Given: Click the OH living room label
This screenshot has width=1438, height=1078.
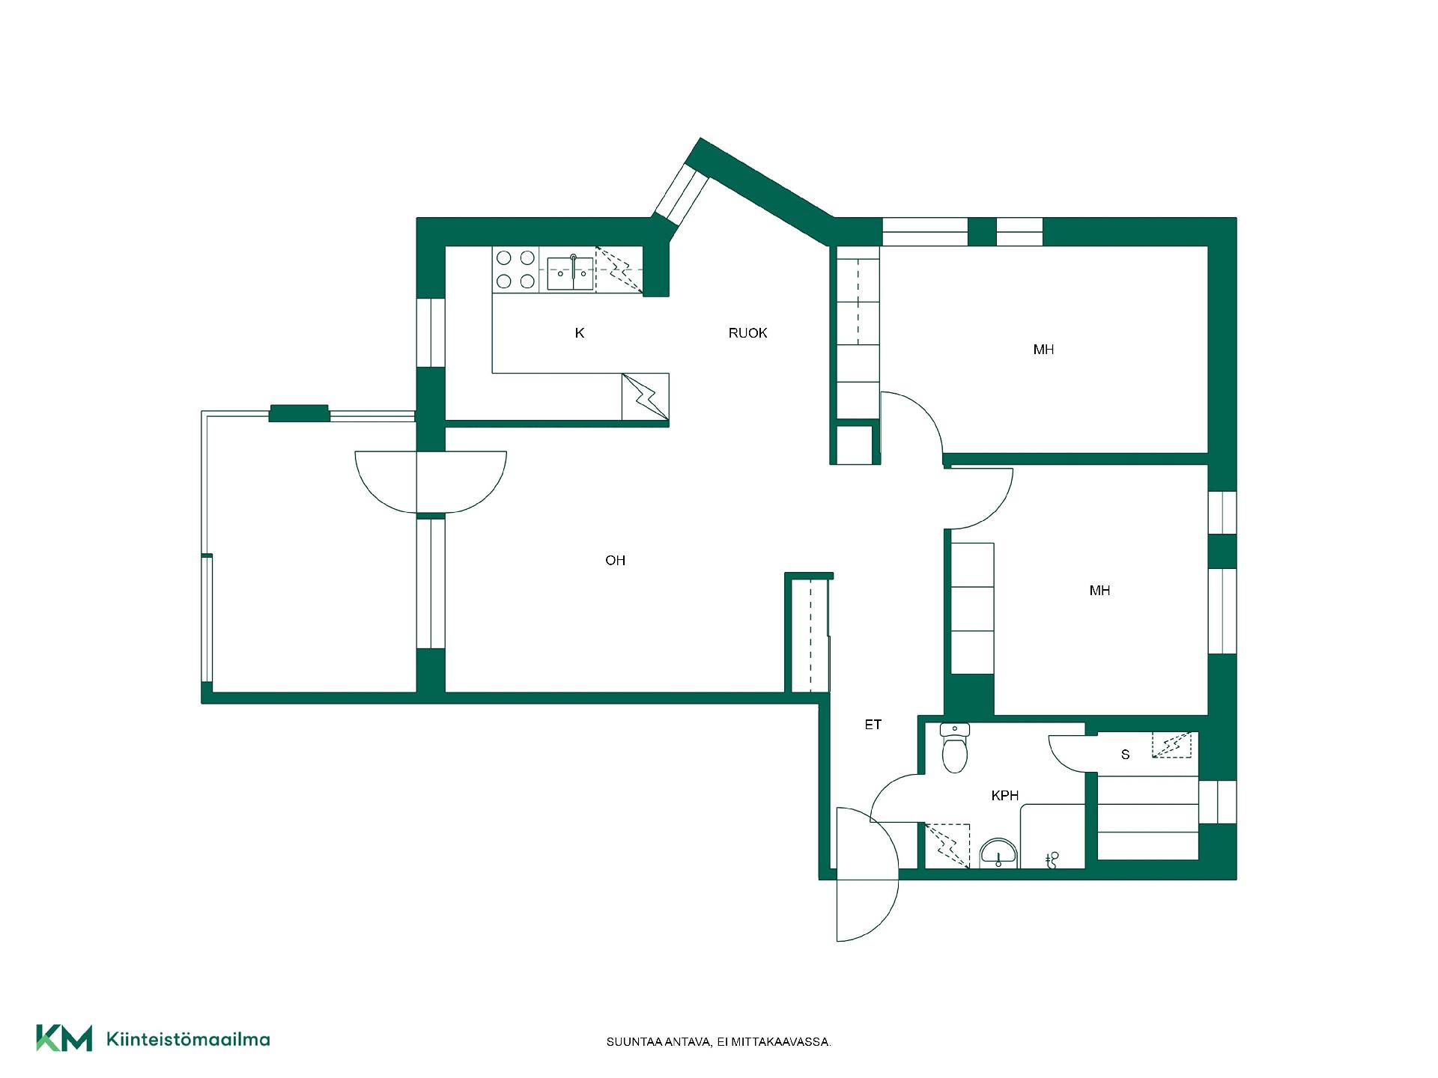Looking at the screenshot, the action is [x=615, y=560].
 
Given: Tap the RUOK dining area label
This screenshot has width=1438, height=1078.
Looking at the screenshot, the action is [x=747, y=333].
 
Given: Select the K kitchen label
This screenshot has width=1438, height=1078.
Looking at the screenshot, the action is [x=579, y=333].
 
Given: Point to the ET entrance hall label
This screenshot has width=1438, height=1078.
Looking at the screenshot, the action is [x=873, y=725].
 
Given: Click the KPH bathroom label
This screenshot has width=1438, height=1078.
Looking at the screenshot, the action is [x=1004, y=796].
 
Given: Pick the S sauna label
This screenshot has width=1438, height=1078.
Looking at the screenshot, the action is [x=1125, y=755].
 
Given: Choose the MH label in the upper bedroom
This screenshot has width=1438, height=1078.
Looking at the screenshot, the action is [x=1043, y=350].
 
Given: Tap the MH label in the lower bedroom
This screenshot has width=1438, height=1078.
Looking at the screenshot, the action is [x=1099, y=591].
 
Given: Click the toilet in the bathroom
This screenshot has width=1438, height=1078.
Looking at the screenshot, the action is [x=955, y=748].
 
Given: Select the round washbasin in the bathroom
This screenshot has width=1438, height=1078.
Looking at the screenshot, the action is [x=999, y=853].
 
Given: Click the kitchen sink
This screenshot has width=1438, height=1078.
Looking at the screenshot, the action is [x=571, y=272].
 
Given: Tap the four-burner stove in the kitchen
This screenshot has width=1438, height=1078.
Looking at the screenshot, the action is [x=515, y=269].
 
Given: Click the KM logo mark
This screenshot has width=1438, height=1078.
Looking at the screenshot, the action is [x=64, y=1038].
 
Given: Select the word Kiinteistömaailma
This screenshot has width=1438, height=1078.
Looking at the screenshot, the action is [x=189, y=1039].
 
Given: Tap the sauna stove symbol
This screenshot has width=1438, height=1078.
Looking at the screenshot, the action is [x=1171, y=745].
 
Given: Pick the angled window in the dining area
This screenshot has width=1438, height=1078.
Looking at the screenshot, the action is [x=682, y=194].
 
